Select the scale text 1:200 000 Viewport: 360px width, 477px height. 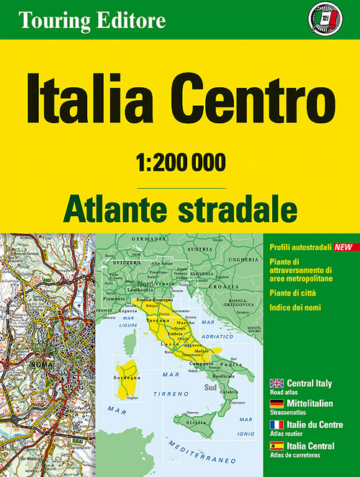180,162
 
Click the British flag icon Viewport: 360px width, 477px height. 276,383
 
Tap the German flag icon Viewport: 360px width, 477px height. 276,403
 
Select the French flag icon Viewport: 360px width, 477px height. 276,426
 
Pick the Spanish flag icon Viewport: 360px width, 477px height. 276,447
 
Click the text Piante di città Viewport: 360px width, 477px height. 292,293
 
